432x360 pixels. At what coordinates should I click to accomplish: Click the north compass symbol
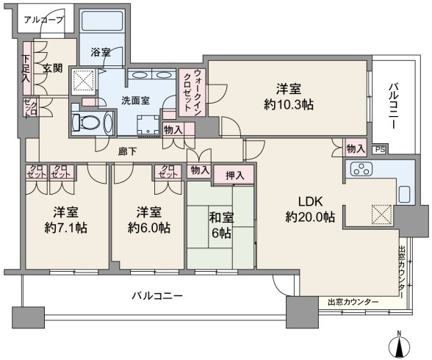click(399, 346)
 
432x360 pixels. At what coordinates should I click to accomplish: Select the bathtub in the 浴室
click(102, 21)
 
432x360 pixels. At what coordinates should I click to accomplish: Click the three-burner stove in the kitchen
click(361, 169)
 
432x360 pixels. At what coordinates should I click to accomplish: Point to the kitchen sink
click(406, 195)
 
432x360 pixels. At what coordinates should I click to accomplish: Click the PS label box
click(380, 150)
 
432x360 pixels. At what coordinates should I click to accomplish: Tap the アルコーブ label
click(43, 20)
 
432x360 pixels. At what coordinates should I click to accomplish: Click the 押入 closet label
click(235, 175)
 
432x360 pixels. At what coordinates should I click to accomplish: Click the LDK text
click(311, 202)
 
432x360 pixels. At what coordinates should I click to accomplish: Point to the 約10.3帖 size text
click(289, 104)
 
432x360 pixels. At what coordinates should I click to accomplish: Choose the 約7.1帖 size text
click(66, 228)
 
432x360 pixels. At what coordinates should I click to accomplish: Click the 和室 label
click(221, 218)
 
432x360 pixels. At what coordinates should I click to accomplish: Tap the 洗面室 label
click(135, 101)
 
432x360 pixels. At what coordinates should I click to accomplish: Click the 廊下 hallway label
click(127, 151)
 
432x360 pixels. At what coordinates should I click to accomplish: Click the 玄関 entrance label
click(52, 68)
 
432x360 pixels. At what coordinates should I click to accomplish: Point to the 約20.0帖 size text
click(310, 217)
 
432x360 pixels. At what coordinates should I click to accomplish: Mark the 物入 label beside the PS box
click(356, 148)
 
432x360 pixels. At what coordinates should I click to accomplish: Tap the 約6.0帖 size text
click(148, 228)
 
